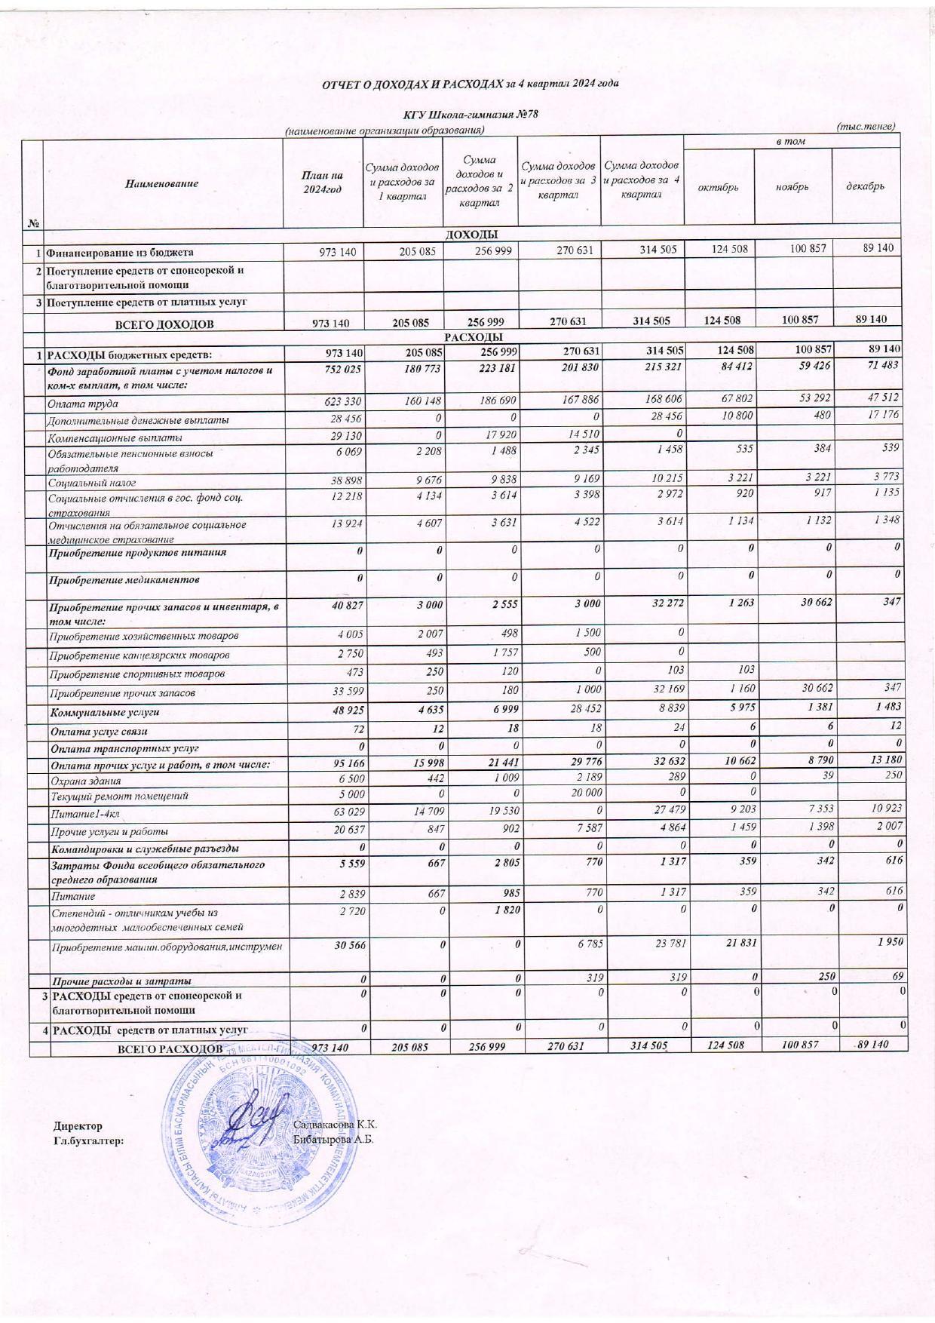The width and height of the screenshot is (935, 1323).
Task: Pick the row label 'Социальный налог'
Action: tap(92, 482)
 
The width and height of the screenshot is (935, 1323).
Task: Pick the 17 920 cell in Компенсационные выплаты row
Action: tap(498, 437)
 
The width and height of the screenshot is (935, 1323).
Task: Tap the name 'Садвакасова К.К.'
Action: tap(334, 1125)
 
